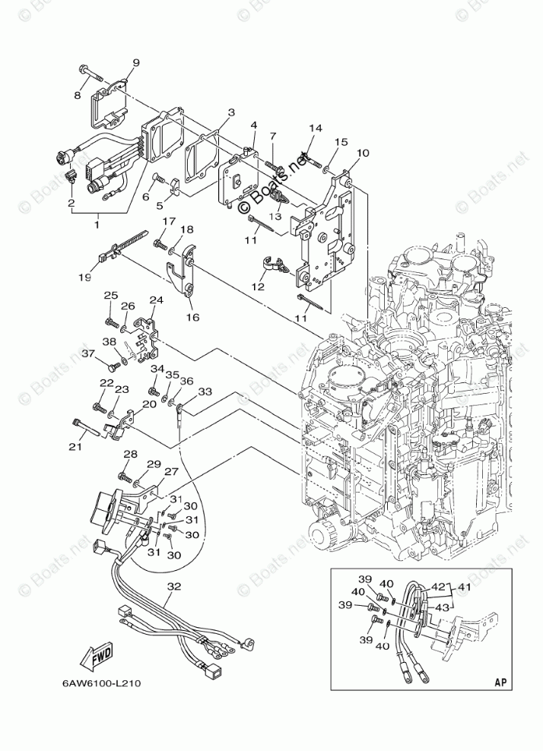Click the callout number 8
[78, 95]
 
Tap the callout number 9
[136, 62]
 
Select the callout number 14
[316, 128]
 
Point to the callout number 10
[362, 154]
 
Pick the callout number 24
[157, 300]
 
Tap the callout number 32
[176, 586]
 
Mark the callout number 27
[171, 472]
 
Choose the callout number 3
[230, 112]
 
